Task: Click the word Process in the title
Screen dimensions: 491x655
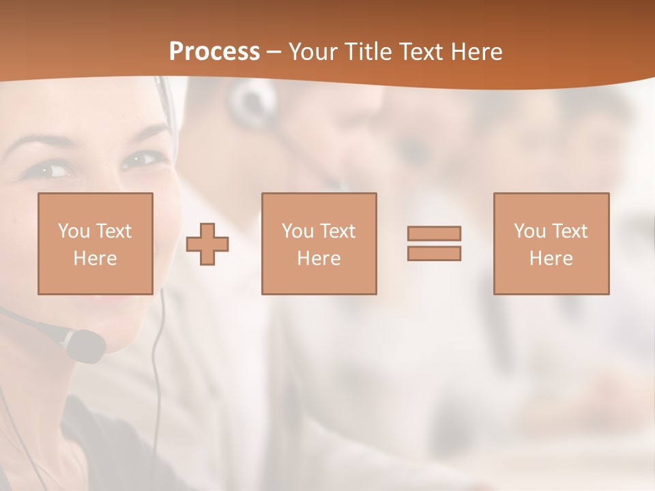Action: pos(214,52)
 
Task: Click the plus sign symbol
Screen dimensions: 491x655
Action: pos(207,244)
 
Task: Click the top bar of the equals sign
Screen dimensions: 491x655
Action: pos(434,233)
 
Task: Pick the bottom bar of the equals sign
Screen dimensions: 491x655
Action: pos(434,254)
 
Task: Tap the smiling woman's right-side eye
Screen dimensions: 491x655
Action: pos(139,160)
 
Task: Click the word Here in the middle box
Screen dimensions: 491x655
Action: pos(319,258)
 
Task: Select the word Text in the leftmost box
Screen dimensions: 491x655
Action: pos(113,231)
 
